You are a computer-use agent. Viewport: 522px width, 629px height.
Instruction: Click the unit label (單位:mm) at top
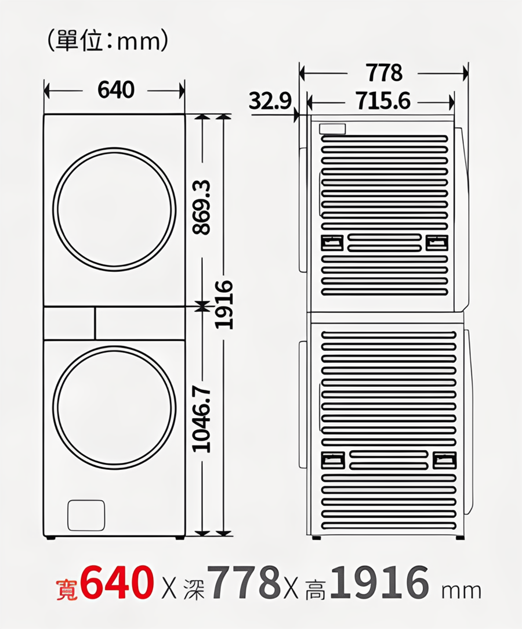pyautogui.click(x=107, y=41)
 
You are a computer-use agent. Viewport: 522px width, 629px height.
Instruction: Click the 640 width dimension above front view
pyautogui.click(x=116, y=90)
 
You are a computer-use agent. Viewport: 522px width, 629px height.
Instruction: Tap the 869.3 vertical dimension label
pyautogui.click(x=202, y=207)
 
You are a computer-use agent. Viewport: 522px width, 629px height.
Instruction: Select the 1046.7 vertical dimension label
pyautogui.click(x=202, y=419)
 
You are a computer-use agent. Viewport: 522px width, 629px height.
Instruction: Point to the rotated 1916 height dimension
pyautogui.click(x=223, y=304)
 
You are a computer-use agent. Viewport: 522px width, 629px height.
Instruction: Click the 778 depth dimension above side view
pyautogui.click(x=383, y=73)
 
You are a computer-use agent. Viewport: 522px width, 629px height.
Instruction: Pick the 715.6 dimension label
pyautogui.click(x=383, y=100)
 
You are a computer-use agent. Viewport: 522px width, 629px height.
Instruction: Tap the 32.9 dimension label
pyautogui.click(x=270, y=100)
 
